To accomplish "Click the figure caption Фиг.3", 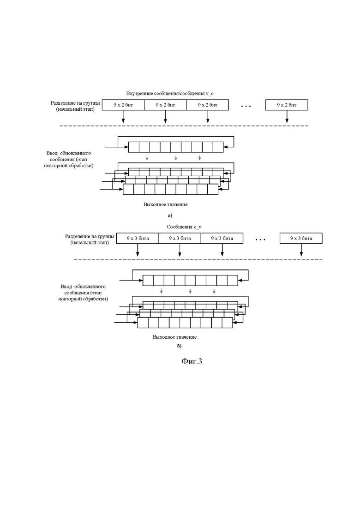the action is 192,361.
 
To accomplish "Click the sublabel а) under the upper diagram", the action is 170,216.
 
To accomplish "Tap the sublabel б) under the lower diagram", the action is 179,346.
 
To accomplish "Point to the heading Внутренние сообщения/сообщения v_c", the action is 170,94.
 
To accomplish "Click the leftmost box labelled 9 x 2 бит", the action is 123,105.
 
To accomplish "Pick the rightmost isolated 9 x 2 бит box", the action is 287,105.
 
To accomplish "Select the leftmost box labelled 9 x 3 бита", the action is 138,238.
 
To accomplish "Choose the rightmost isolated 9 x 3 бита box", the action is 301,238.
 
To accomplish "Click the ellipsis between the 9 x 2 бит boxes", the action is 246,106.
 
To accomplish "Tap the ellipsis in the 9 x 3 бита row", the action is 260,240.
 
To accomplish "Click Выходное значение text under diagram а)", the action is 166,205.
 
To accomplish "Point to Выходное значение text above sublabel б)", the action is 174,337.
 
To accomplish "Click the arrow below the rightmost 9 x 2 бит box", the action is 287,117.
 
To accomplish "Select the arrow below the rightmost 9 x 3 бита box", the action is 301,250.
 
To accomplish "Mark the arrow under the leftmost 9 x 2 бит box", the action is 123,117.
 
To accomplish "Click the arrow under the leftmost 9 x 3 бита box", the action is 138,250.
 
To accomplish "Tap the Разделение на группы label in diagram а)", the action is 75,106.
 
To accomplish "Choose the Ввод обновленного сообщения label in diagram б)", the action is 83,293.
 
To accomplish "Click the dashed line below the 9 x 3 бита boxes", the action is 198,259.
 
